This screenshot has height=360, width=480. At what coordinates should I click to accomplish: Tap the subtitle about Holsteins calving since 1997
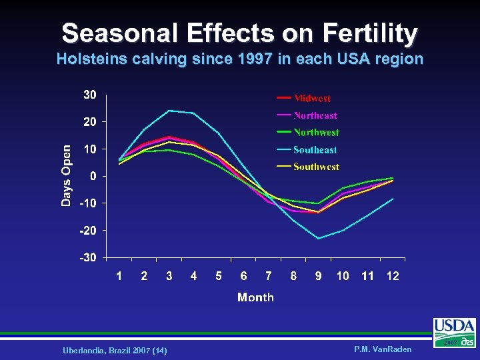[x=239, y=59]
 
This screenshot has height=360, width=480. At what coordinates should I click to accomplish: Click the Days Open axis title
[x=66, y=175]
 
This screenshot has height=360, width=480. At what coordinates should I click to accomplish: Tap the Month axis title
[x=255, y=297]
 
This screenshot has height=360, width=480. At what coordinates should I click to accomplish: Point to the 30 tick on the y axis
[x=90, y=95]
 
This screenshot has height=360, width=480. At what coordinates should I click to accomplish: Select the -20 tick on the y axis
[x=88, y=230]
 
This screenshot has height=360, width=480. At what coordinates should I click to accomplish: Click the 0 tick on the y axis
[x=93, y=176]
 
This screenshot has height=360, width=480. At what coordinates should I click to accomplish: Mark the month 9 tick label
[x=318, y=276]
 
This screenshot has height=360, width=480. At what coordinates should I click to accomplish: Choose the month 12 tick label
[x=393, y=276]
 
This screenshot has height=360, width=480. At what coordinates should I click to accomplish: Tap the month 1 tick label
[x=119, y=276]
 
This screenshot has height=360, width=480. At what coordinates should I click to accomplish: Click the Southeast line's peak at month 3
[x=169, y=111]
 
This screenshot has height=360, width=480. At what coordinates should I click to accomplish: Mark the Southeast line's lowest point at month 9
[x=318, y=238]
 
